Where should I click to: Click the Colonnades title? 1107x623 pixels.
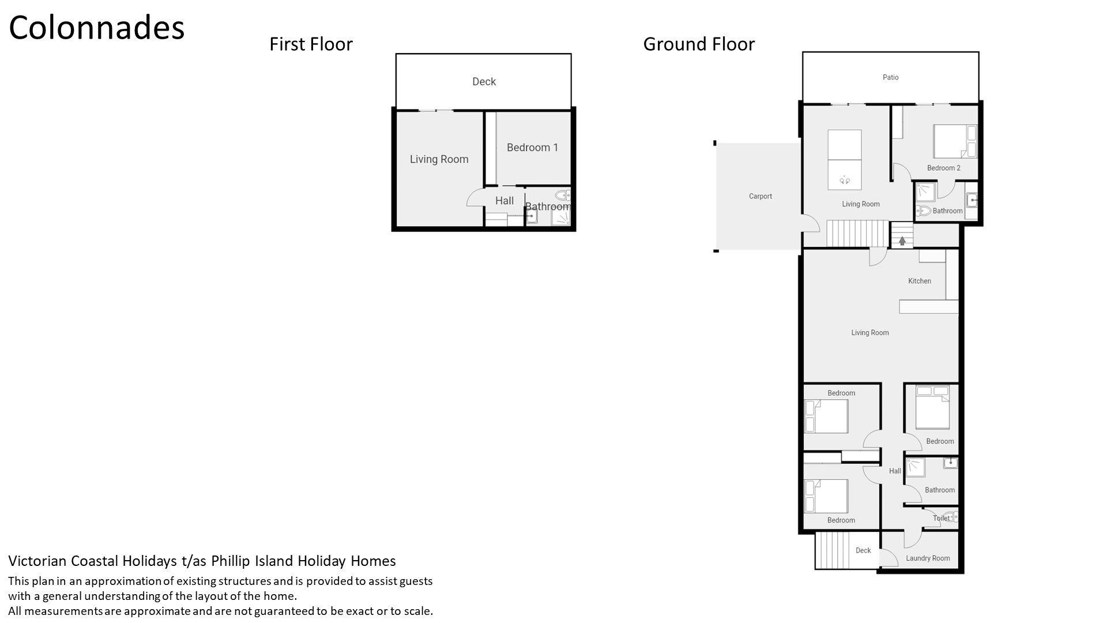click(97, 28)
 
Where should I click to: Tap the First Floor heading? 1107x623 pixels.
click(311, 44)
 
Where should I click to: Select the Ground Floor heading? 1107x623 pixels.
click(699, 44)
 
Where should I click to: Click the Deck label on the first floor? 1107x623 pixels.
click(484, 81)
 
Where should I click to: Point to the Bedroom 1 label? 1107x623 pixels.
click(532, 148)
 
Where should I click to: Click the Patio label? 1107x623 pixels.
click(890, 77)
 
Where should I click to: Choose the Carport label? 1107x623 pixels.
click(760, 196)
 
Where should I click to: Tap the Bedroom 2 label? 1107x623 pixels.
click(944, 168)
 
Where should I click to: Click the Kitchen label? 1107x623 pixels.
click(920, 281)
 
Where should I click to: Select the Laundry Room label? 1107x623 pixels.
click(928, 558)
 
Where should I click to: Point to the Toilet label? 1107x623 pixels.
click(941, 518)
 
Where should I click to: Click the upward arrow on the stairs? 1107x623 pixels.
click(902, 241)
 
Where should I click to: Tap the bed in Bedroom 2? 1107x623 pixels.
click(955, 142)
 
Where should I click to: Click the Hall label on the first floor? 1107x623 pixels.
click(504, 201)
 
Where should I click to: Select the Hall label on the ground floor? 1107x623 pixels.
click(895, 471)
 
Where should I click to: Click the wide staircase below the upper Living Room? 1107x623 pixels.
click(857, 234)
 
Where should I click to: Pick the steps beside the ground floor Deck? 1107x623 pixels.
click(833, 550)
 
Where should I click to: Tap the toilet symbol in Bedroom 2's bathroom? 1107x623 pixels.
click(923, 211)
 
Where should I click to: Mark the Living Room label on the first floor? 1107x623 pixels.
click(439, 159)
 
